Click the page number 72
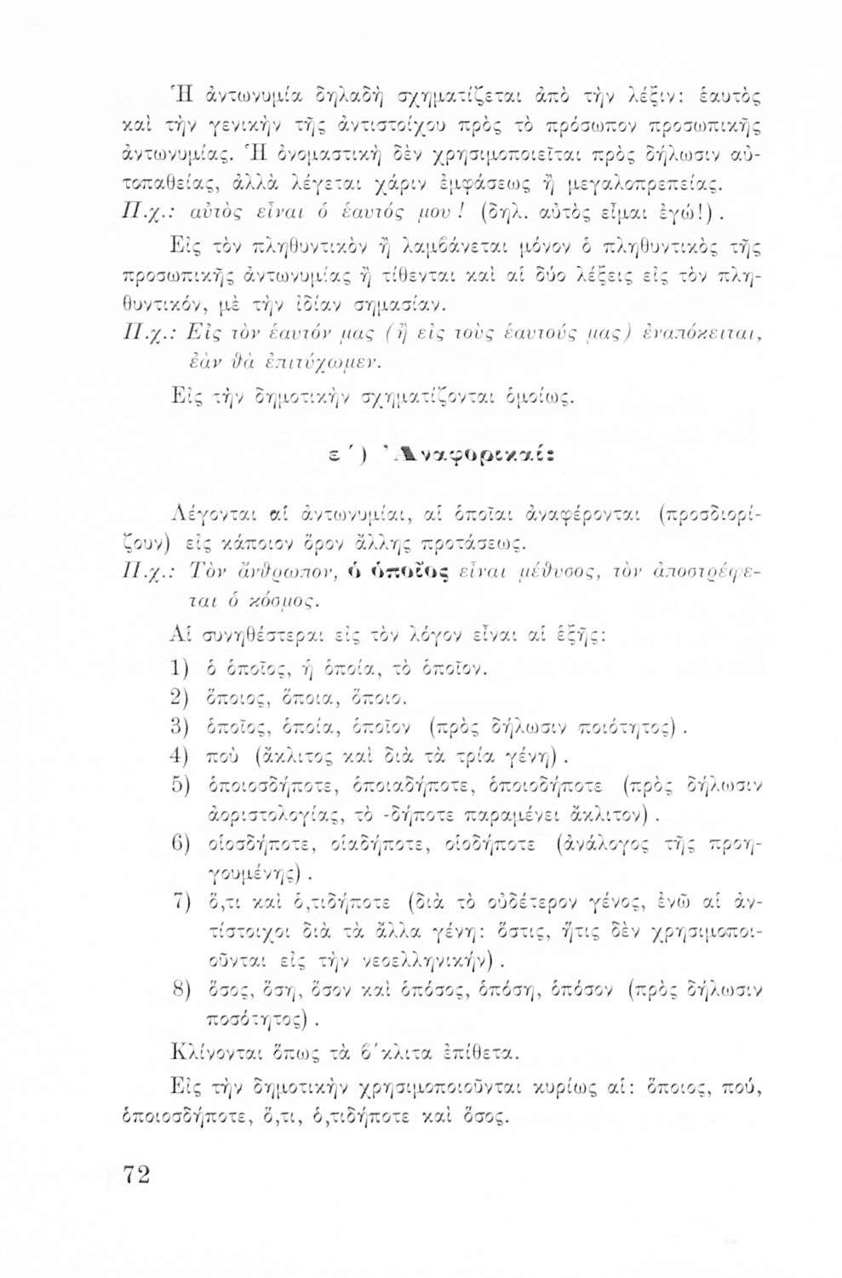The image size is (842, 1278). (136, 1174)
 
